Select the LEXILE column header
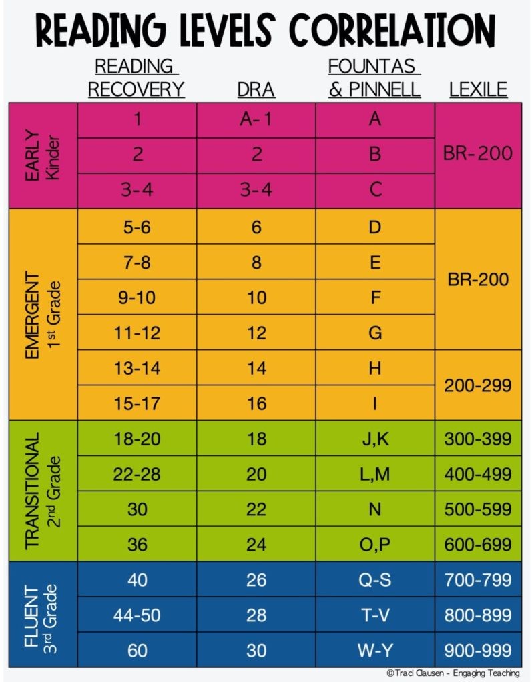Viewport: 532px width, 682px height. coord(477,89)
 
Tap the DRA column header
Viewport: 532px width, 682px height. coord(256,89)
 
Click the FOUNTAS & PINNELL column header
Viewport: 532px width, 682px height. coord(374,78)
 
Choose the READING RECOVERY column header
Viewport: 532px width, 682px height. coord(136,78)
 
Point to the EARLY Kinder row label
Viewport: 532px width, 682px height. coord(43,155)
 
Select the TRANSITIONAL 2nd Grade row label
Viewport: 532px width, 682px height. coord(43,490)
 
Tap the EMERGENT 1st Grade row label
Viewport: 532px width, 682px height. coord(43,314)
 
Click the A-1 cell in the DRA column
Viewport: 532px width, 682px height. coord(256,119)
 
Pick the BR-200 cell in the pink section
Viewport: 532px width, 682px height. coord(477,154)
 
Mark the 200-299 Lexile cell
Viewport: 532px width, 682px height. coord(477,385)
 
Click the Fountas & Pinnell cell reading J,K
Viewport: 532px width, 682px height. coord(374,439)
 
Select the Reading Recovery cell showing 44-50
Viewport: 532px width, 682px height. coord(137,615)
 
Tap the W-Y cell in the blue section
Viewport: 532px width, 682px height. coord(374,650)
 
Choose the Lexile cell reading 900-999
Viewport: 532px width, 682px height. coord(477,650)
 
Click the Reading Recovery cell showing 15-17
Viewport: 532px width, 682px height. coord(137,403)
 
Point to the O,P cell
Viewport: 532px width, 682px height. coord(374,544)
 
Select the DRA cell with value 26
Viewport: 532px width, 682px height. coord(256,579)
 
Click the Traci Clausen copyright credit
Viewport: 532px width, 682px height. coord(452,673)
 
